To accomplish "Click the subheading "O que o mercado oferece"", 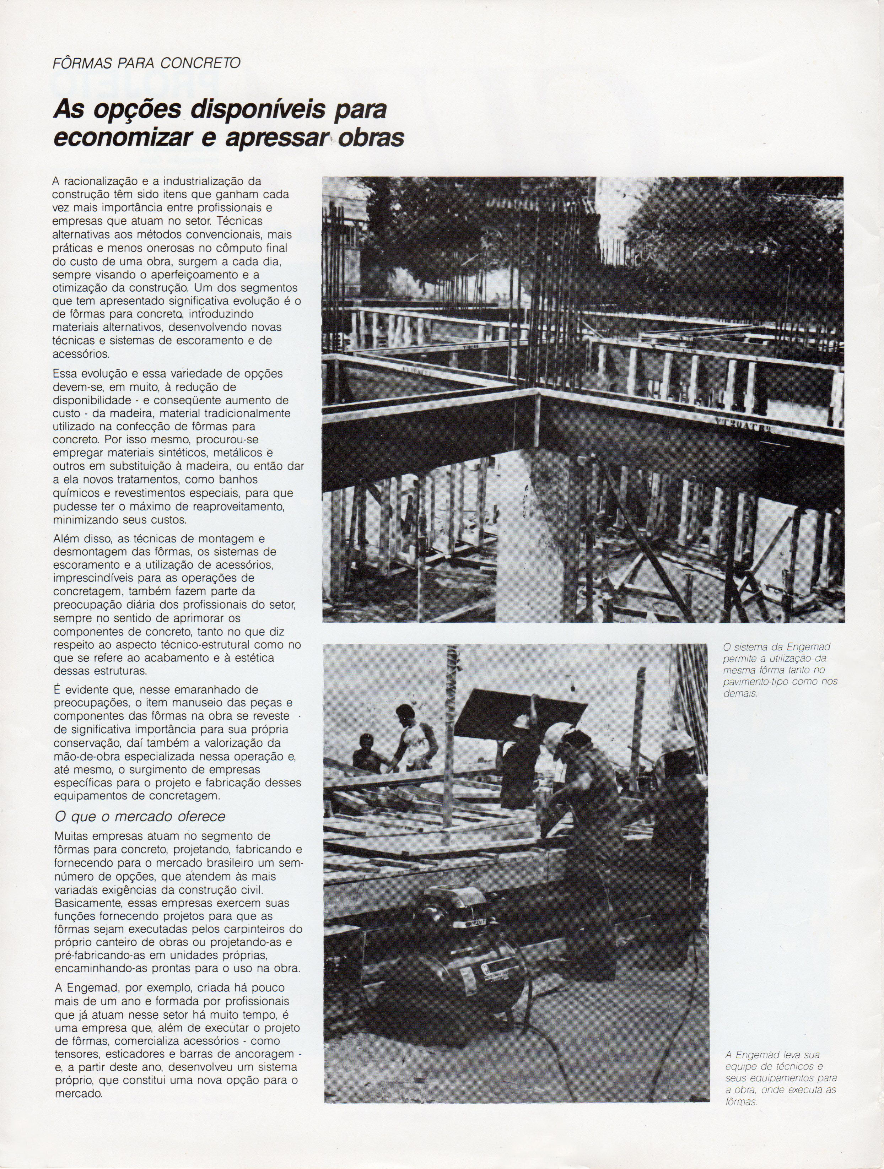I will pyautogui.click(x=140, y=817).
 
